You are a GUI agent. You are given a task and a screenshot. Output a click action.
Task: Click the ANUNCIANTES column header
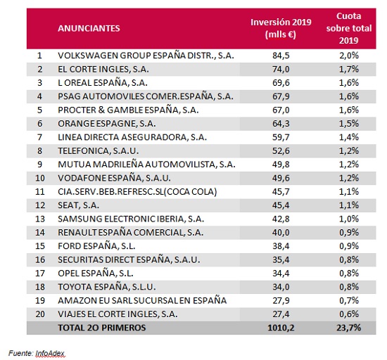[x=89, y=28]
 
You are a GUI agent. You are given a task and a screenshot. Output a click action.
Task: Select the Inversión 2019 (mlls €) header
[x=281, y=28]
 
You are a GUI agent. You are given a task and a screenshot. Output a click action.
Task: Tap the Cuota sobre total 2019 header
[x=349, y=28]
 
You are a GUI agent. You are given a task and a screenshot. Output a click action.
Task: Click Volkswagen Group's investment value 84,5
[x=281, y=56]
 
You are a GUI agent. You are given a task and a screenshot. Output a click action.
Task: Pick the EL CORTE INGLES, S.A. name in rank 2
[x=103, y=70]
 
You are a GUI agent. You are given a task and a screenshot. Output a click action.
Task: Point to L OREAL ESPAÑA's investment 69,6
[x=281, y=83]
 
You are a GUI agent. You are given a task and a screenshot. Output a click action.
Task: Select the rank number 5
[x=39, y=110]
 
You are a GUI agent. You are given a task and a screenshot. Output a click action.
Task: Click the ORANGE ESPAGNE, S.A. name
[x=107, y=124]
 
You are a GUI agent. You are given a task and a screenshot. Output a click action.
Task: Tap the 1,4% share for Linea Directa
[x=349, y=137]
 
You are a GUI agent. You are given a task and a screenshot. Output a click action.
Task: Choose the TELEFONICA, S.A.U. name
[x=99, y=151]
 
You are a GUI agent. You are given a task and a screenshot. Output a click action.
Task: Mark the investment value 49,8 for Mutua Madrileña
[x=281, y=165]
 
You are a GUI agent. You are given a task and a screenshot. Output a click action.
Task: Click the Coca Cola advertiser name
[x=137, y=192]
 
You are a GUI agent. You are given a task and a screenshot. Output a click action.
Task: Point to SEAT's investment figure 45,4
[x=281, y=205]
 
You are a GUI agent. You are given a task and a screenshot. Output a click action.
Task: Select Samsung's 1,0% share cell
[x=349, y=219]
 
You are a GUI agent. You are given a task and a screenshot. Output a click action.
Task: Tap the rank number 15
[x=40, y=246]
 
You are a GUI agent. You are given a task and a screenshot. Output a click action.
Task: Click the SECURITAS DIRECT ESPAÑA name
[x=129, y=260]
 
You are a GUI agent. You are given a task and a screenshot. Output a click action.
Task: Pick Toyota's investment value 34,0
[x=281, y=287]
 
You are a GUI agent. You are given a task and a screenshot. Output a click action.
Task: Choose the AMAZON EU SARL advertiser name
[x=142, y=300]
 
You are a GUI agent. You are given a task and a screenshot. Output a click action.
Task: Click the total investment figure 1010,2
[x=281, y=328]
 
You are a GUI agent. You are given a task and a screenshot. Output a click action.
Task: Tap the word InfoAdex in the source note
[x=50, y=354]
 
